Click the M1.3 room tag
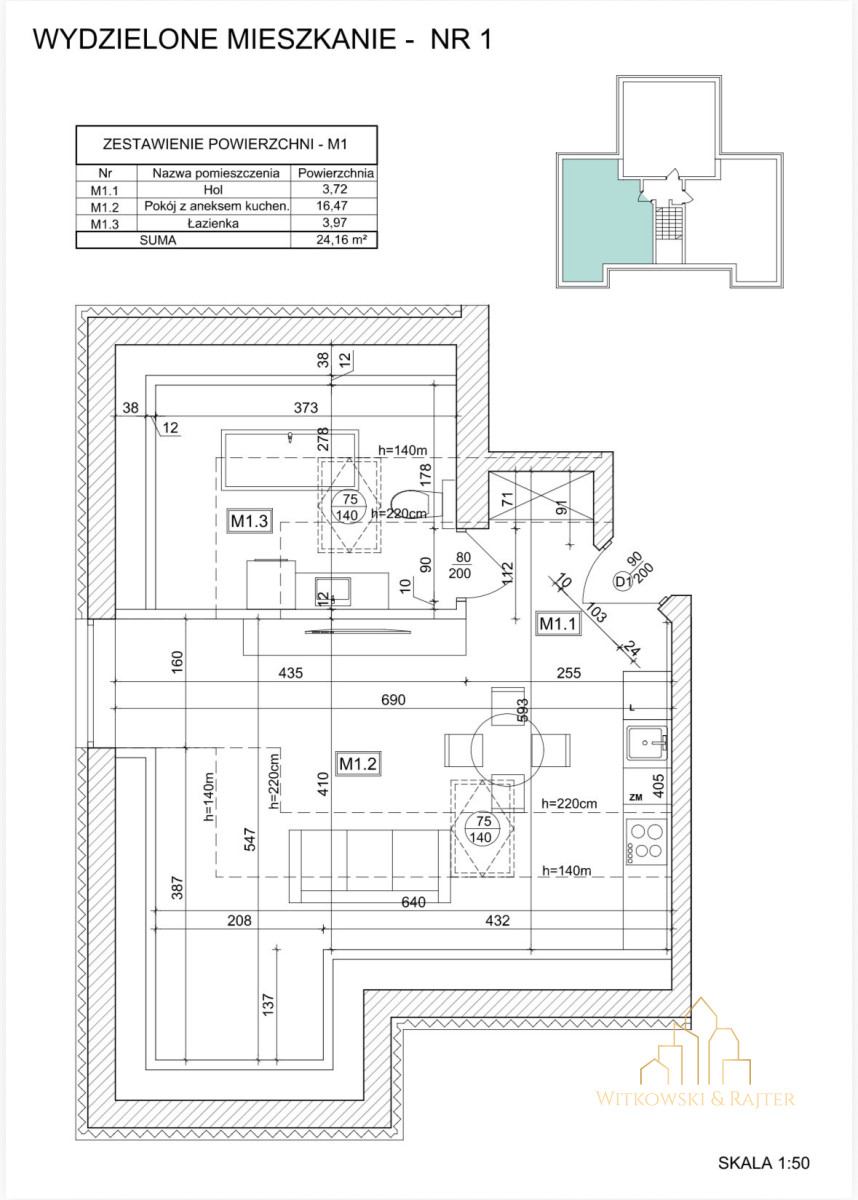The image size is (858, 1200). tap(250, 520)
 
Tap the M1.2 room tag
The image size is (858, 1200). tap(358, 763)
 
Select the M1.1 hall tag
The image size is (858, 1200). tap(558, 624)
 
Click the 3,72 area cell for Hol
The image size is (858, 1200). tap(335, 189)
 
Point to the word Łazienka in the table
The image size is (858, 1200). tap(213, 223)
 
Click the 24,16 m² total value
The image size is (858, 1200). tap(341, 239)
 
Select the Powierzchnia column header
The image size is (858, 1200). tap(335, 173)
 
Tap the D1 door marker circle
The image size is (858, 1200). tap(622, 582)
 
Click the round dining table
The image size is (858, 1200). tap(507, 750)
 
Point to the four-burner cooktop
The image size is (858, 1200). tap(647, 842)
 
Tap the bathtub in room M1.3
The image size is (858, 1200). tap(290, 459)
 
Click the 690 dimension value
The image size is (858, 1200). tap(393, 700)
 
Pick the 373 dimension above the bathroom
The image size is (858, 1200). tap(306, 408)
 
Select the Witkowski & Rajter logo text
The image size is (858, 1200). tap(695, 1099)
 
